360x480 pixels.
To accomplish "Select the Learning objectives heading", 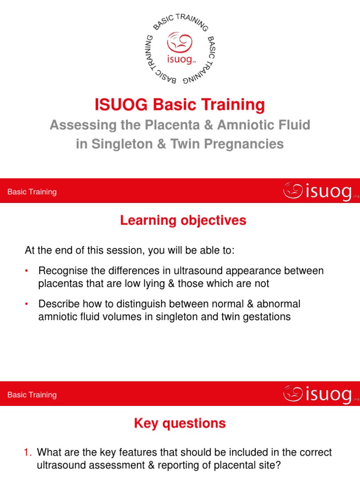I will point(183,220).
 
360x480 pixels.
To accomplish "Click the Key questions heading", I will point(180,423).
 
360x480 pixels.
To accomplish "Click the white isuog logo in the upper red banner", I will point(318,191).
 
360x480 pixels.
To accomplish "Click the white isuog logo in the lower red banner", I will point(318,395).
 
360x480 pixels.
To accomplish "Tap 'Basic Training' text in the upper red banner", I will point(32,192).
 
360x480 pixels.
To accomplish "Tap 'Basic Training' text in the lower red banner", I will point(32,395).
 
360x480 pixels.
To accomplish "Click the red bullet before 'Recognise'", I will point(27,271).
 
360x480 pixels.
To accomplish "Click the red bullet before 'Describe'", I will point(27,304).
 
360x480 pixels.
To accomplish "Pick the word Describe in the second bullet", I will point(58,304).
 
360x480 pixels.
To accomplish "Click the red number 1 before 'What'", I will point(27,452).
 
